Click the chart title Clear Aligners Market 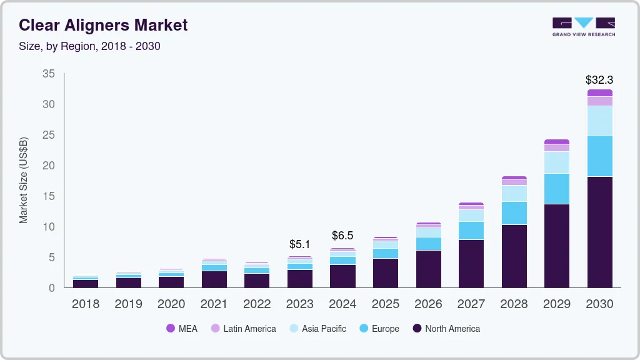coord(103,26)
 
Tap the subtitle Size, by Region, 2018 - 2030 coord(89,46)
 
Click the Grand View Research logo coord(583,26)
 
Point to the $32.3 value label coord(599,80)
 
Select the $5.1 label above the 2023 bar coord(299,244)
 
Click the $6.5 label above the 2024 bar coord(342,236)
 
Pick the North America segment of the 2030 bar coord(599,232)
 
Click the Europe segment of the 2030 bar coord(599,156)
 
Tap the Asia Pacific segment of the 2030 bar coord(599,121)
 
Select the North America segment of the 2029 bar coord(556,246)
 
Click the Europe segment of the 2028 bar coord(514,213)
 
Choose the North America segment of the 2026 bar coord(428,269)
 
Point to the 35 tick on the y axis coord(48,74)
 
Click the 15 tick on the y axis coord(48,196)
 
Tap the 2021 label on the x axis coord(214,304)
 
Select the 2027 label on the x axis coord(471,304)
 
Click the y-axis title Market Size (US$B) coord(24,181)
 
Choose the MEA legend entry coord(182,329)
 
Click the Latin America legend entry coord(243,329)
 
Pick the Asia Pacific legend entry coord(317,329)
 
